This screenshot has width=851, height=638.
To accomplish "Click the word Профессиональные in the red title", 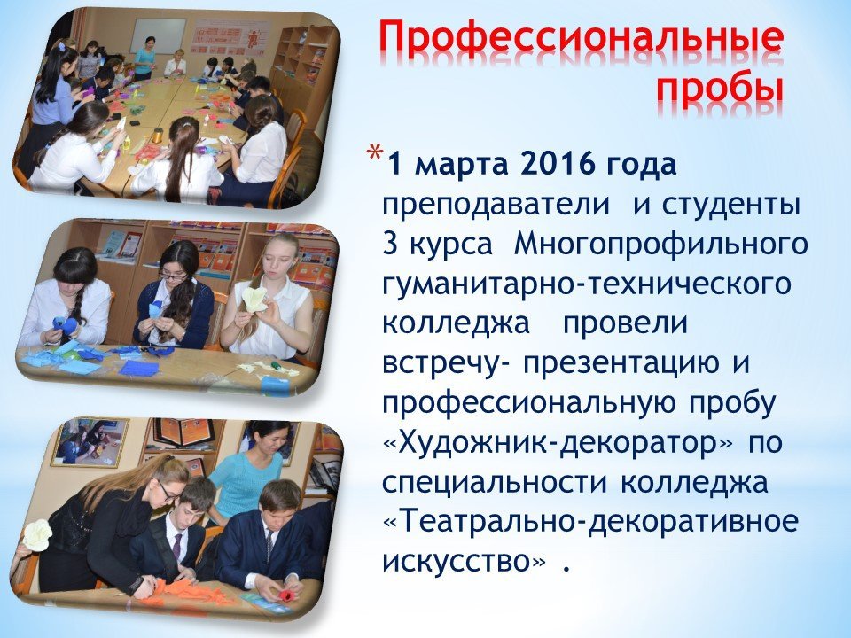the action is pos(582,40).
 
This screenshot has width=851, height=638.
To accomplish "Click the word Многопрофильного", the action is pos(660,245).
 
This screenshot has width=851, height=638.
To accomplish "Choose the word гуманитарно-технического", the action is pos(587,284).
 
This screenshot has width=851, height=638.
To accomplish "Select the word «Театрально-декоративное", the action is pos(590,522).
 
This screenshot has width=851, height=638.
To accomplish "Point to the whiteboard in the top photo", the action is pos(158,35).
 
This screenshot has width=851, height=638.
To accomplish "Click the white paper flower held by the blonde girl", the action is pos(254,300).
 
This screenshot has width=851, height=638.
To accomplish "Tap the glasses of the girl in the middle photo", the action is pos(174,276).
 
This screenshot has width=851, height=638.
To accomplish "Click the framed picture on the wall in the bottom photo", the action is pos(89,442).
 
